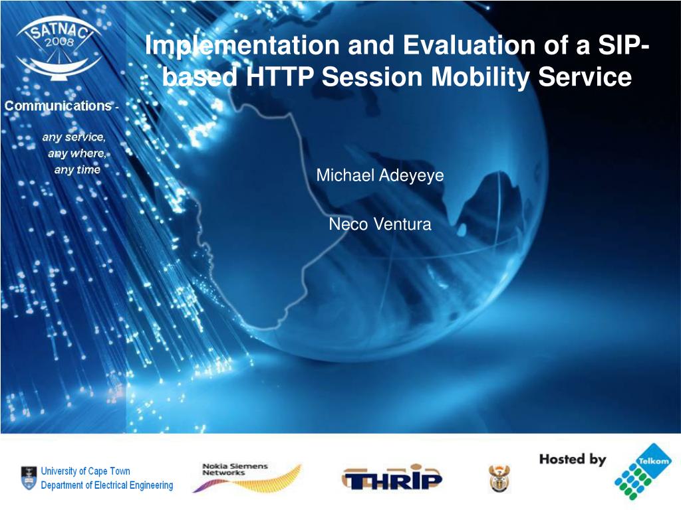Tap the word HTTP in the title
280,78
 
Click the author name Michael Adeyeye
380,176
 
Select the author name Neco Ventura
380,224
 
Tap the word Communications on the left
58,106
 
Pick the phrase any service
73,137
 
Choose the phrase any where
76,153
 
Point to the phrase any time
77,169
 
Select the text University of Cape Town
86,471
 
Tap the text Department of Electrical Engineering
106,485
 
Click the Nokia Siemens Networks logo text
234,469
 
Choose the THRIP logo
392,477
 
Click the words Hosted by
572,459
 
